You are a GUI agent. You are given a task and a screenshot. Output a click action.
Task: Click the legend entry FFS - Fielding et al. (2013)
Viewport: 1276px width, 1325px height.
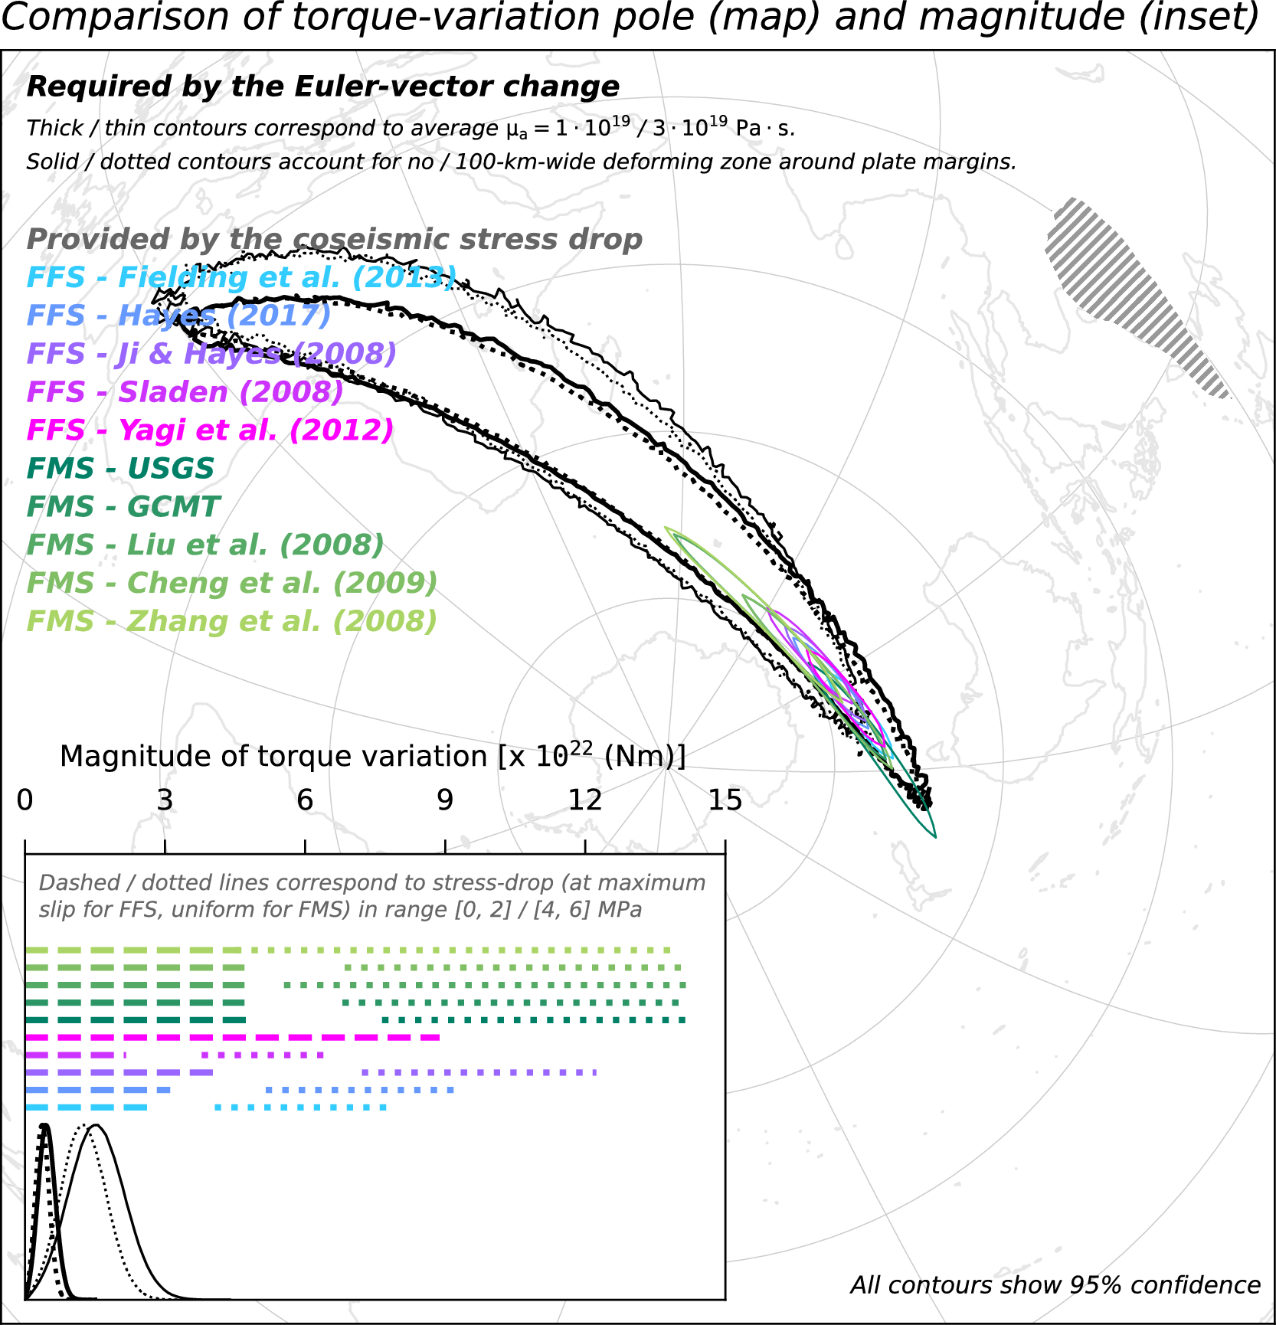241,277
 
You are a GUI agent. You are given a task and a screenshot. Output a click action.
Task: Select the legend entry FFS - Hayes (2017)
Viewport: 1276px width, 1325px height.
178,316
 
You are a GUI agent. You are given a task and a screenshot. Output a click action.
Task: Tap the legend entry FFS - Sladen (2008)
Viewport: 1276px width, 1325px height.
185,392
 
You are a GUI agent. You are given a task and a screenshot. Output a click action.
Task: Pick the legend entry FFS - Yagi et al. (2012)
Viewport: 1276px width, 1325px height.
210,430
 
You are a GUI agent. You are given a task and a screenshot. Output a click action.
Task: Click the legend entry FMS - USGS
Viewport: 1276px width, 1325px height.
120,469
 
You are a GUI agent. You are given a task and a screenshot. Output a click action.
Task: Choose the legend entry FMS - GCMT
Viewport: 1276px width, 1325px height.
123,507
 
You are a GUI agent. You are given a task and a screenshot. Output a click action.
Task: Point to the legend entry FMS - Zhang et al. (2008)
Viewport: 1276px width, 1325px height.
231,622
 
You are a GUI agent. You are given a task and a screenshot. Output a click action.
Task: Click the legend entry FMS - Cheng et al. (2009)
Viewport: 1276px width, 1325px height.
231,584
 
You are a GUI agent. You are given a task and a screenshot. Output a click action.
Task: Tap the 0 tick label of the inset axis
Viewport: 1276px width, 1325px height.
25,800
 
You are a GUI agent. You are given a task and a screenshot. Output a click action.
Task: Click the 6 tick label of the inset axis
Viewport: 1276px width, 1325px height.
305,800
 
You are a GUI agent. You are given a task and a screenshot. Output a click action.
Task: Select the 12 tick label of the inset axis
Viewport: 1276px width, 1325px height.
585,800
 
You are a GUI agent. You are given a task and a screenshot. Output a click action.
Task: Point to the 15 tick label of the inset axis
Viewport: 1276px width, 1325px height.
725,800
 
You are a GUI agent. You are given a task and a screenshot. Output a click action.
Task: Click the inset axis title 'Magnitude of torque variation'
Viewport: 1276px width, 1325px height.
372,757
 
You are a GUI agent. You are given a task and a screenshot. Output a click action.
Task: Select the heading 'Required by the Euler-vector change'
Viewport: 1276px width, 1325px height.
322,87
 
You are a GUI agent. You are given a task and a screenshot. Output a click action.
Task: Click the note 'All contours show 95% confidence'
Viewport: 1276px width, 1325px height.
1055,1285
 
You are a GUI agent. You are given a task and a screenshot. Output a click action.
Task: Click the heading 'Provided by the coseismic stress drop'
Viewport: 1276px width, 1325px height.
334,240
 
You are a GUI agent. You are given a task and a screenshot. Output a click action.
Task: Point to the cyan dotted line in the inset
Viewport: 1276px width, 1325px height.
301,1107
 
